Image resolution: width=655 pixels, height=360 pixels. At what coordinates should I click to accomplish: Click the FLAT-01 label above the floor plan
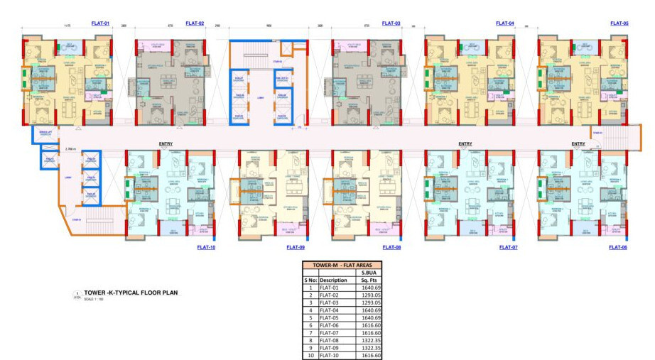click(100, 23)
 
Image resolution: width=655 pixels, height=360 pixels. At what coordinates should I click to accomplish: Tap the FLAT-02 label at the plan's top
click(195, 23)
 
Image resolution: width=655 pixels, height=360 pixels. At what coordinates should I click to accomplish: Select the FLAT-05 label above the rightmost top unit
click(619, 23)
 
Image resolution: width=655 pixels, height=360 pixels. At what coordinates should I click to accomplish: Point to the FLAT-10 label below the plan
click(206, 247)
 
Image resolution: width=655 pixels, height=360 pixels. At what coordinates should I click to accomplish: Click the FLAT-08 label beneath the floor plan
click(391, 247)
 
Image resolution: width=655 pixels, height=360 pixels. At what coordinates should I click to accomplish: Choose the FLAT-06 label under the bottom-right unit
click(618, 247)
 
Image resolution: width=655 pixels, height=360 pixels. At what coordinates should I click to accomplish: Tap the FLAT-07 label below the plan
click(509, 247)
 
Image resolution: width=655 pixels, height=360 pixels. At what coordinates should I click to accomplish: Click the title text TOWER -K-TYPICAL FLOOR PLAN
click(131, 293)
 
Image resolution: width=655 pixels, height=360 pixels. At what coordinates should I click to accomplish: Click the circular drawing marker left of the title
click(77, 294)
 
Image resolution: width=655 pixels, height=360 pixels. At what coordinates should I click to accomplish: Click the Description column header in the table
click(333, 280)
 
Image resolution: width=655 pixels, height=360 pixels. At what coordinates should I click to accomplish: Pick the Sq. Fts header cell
click(372, 280)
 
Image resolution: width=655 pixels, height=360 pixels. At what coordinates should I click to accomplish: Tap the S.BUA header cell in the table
click(372, 272)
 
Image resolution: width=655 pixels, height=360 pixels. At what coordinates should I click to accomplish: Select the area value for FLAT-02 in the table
click(372, 295)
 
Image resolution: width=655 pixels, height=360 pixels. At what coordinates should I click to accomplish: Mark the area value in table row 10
click(372, 354)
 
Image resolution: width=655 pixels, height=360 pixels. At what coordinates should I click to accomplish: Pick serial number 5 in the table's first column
click(310, 317)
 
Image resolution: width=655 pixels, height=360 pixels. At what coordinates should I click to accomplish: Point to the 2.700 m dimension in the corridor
click(70, 149)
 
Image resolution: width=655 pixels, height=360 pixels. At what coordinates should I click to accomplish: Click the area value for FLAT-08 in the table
click(372, 339)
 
